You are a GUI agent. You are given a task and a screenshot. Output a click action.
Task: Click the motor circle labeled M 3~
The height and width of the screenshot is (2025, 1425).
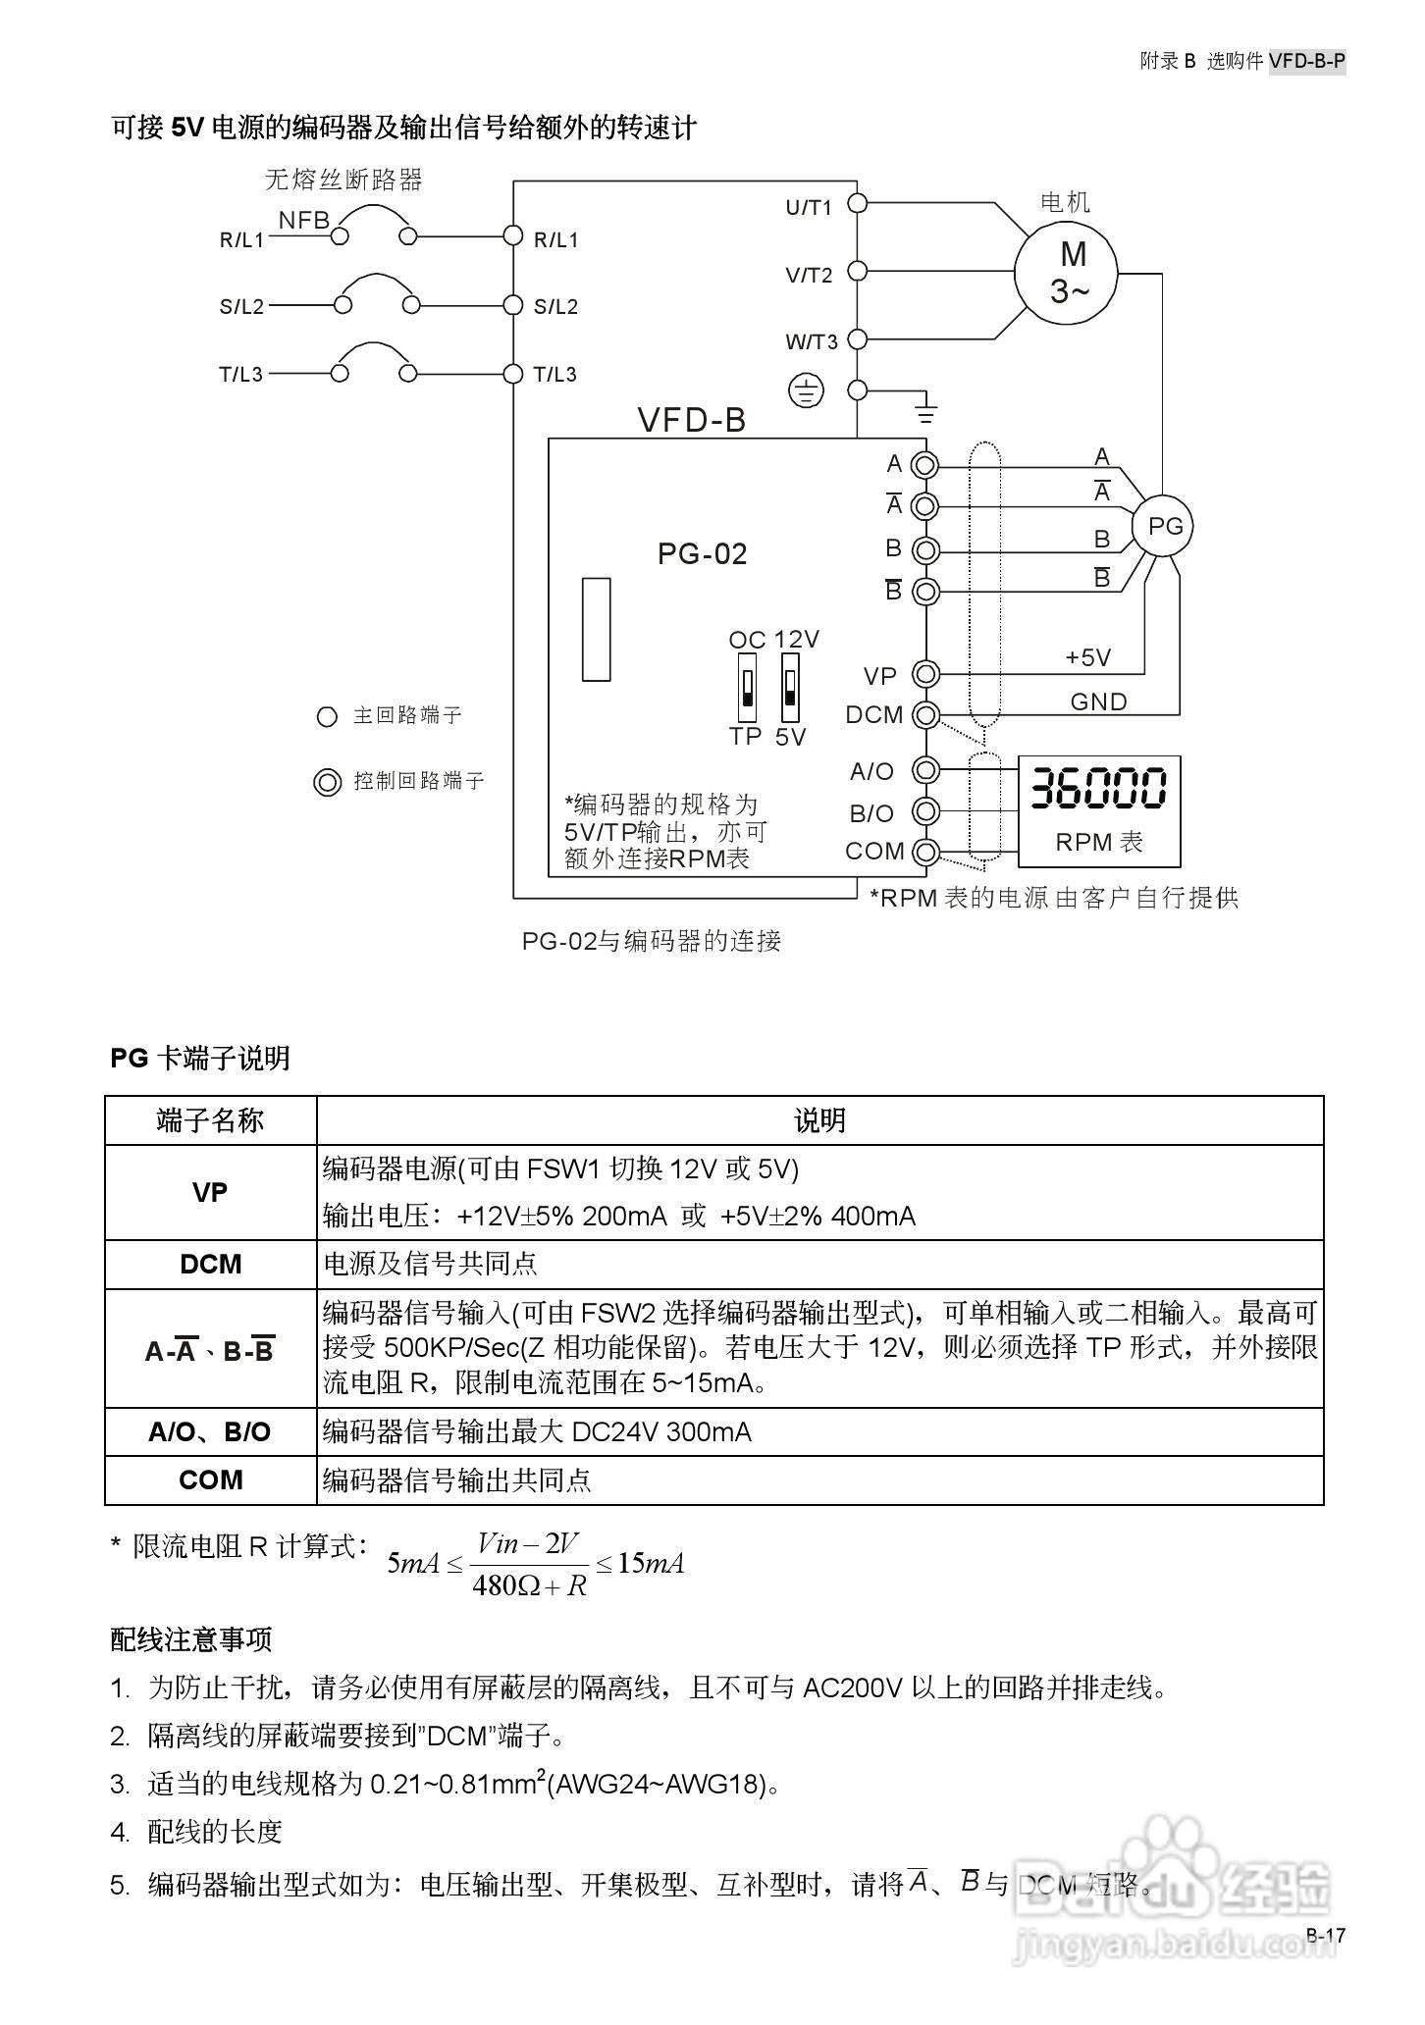(1066, 272)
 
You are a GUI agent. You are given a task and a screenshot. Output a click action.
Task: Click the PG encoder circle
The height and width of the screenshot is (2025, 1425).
(1165, 527)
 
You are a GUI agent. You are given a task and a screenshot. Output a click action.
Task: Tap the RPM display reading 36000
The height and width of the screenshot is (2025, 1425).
(1098, 788)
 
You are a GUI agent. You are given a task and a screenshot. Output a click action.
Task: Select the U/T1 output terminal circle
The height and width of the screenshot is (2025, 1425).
(857, 203)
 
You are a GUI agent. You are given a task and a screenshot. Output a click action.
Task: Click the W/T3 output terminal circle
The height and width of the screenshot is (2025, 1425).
(857, 339)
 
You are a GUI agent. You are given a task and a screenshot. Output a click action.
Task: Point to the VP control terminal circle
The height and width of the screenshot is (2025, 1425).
(925, 674)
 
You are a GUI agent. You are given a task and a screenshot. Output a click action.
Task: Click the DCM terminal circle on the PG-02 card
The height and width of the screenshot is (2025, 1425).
(925, 715)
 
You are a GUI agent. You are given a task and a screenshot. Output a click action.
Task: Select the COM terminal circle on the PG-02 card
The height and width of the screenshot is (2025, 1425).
(925, 851)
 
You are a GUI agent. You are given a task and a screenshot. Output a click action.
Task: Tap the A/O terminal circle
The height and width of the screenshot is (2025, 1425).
(925, 769)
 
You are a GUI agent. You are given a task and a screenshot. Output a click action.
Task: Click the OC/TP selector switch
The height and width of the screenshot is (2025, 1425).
(747, 689)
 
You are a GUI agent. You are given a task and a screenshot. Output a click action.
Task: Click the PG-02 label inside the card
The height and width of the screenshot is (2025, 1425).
(702, 554)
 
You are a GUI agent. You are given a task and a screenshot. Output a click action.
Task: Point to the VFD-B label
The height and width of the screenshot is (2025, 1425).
(692, 420)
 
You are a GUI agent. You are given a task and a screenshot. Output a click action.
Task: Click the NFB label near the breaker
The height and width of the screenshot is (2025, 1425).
(304, 220)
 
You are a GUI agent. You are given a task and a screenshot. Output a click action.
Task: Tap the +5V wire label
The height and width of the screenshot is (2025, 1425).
(1088, 657)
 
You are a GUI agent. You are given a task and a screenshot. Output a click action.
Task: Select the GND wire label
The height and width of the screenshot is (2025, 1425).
(1098, 701)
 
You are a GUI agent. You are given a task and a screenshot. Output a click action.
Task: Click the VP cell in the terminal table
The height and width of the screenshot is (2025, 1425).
(210, 1192)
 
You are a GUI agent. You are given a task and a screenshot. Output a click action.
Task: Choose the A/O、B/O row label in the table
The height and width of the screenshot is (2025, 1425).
(210, 1431)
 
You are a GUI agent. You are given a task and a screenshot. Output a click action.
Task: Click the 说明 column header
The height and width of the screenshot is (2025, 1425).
(819, 1120)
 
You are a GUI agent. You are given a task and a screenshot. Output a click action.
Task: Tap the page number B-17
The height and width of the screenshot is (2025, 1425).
(1325, 1935)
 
